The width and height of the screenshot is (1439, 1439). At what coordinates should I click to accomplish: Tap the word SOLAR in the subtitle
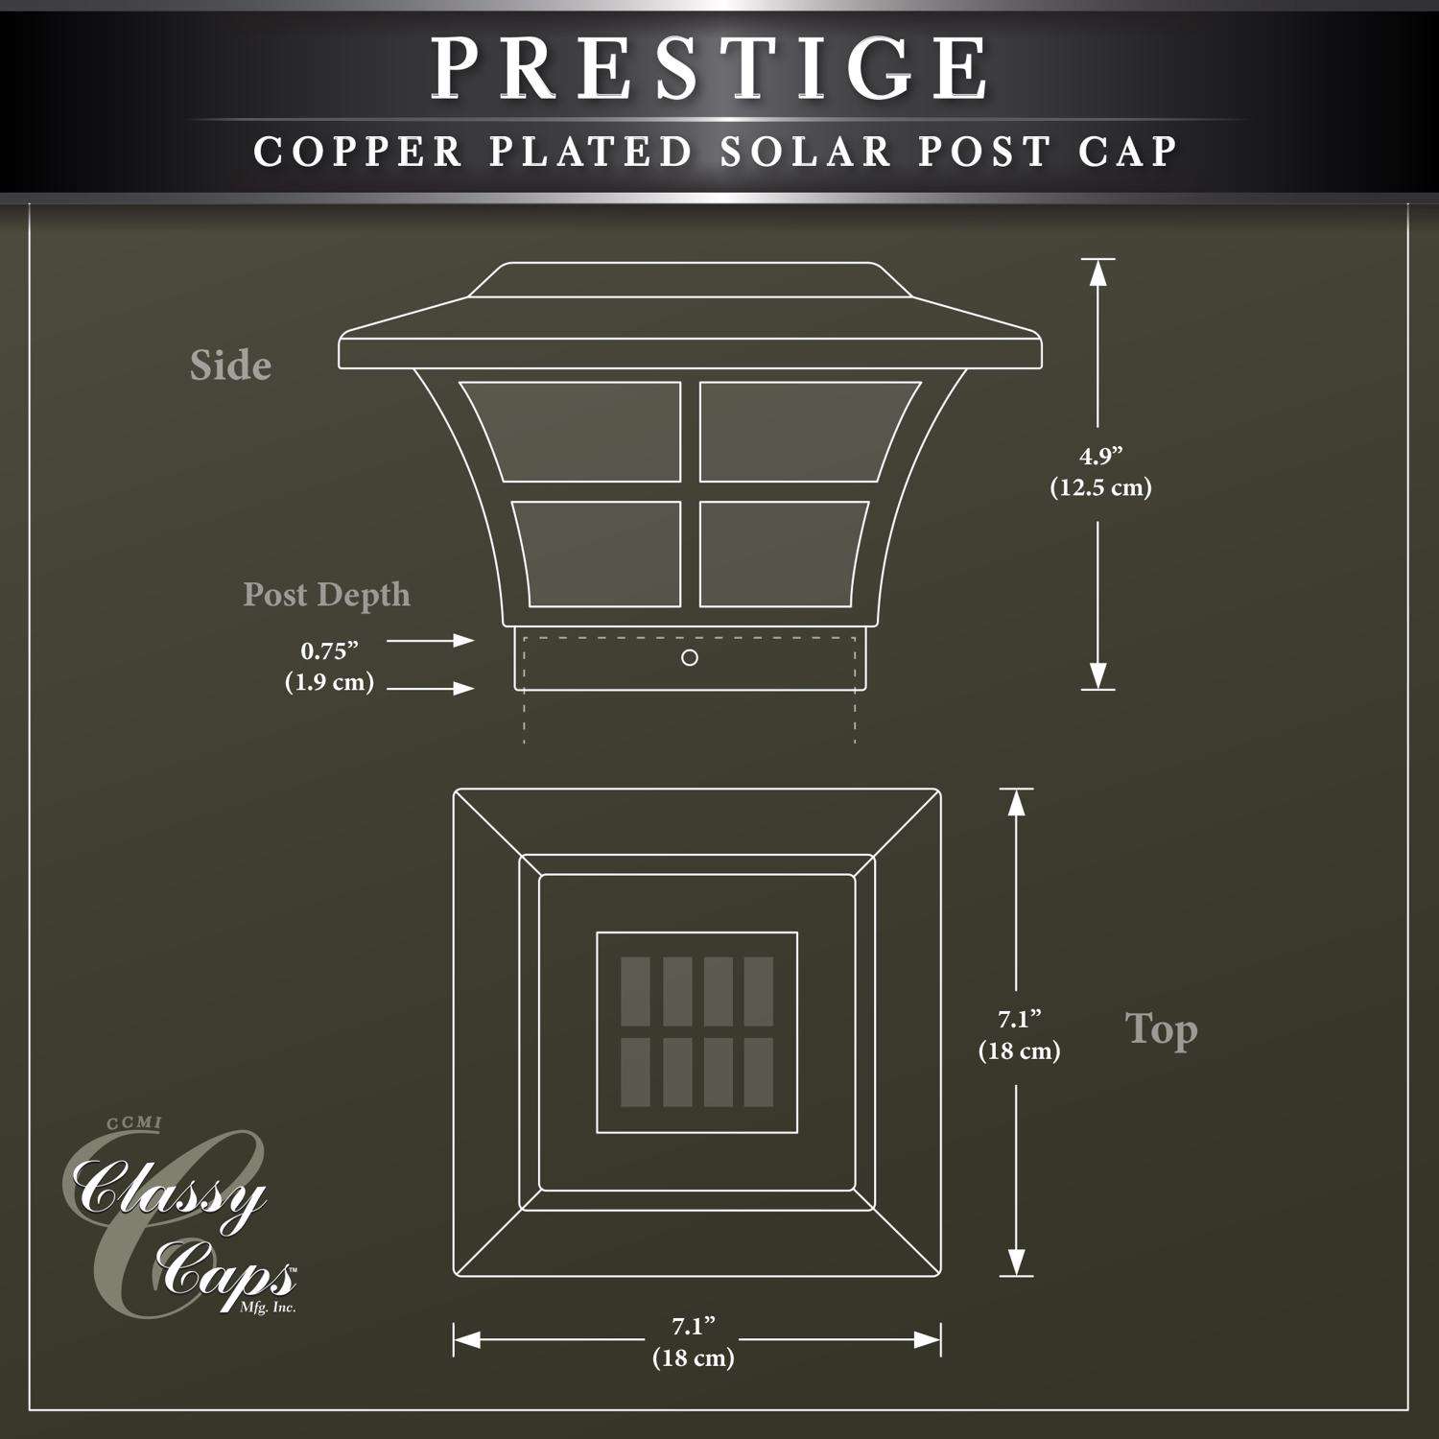[x=806, y=152]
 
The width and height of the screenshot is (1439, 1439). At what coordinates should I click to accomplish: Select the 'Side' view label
[x=230, y=366]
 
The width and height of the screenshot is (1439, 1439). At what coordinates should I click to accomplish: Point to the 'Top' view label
[x=1161, y=1030]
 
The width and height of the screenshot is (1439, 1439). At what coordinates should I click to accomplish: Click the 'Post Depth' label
[x=326, y=595]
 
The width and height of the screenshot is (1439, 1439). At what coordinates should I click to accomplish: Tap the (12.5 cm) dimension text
[x=1100, y=487]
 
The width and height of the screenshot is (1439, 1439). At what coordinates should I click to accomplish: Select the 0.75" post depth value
[x=329, y=651]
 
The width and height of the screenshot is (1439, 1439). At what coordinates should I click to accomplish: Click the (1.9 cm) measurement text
[x=329, y=683]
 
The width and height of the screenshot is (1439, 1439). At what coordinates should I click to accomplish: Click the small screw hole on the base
[x=689, y=658]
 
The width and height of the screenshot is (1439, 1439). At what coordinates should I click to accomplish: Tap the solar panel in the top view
[x=696, y=1031]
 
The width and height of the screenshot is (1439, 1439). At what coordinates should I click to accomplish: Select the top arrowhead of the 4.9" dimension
[x=1098, y=272]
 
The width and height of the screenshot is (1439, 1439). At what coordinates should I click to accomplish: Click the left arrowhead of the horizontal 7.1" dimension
[x=467, y=1340]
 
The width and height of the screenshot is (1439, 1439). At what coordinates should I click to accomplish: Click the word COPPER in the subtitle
[x=359, y=152]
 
